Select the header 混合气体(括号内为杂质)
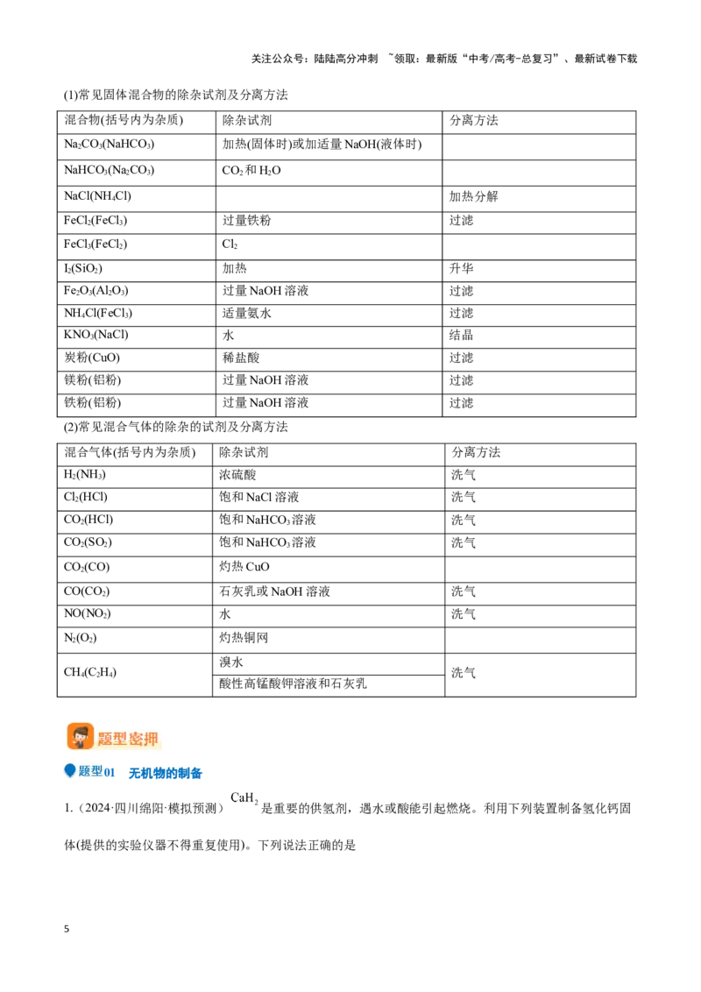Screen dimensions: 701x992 [130, 452]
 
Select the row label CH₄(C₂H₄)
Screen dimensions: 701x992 [90, 672]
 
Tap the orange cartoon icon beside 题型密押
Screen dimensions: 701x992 [81, 736]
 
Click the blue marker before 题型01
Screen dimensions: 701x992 [69, 770]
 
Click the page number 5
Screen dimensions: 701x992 [67, 929]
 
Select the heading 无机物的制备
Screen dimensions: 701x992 [165, 773]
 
